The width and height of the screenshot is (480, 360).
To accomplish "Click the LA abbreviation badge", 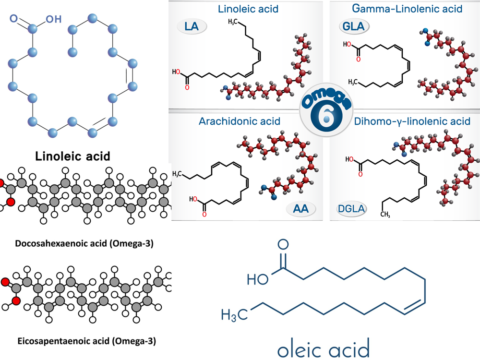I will tap(192, 26).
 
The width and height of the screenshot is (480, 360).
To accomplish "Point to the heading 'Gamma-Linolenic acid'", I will tap(407, 9).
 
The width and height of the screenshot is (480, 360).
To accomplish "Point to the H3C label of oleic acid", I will tap(235, 315).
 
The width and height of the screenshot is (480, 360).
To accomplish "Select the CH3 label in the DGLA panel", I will tap(384, 215).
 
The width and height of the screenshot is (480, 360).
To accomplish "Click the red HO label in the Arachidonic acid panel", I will tap(193, 198).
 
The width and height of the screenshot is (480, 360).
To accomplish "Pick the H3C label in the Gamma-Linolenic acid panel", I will tap(354, 81).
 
